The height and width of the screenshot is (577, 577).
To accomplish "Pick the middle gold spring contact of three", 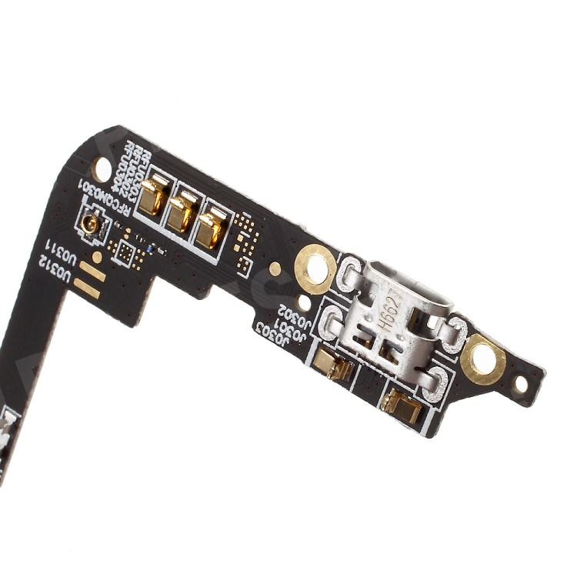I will [182, 211].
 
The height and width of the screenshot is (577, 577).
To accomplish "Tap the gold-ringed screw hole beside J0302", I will [315, 268].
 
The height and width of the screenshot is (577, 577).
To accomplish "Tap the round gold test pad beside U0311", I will [97, 256].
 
